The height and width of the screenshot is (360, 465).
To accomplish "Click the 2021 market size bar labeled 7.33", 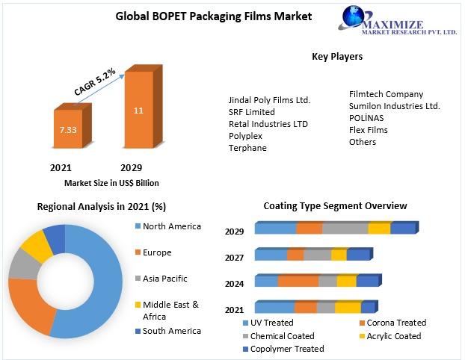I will (68, 130).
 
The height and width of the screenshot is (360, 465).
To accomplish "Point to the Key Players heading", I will (337, 56).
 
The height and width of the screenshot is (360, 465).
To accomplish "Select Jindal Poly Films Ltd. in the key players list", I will (269, 99).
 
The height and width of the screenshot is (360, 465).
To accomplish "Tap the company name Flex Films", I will (369, 130).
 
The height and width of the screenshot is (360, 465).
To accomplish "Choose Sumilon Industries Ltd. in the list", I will (394, 106).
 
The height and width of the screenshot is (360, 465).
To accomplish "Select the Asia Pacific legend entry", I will (165, 279).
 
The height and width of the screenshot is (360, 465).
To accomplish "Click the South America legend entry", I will (171, 331).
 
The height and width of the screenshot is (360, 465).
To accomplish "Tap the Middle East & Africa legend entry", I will (170, 309).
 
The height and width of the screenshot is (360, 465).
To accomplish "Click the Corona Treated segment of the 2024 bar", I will (298, 282).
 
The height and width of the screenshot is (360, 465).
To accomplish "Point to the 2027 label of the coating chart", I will (235, 258).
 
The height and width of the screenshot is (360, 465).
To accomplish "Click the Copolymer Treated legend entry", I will (286, 349).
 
